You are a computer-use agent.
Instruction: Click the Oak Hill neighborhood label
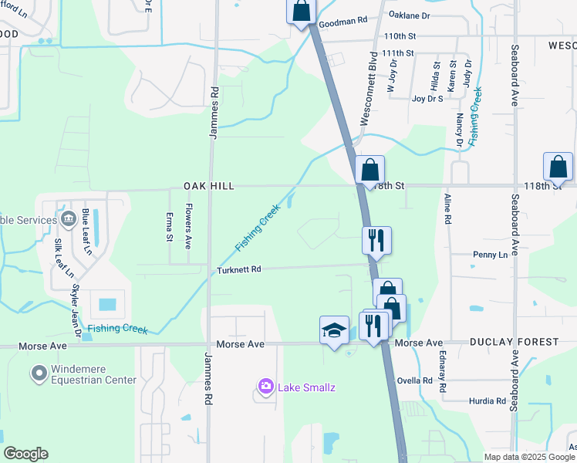pyautogui.click(x=208, y=186)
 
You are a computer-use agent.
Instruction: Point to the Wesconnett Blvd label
pyautogui.click(x=367, y=93)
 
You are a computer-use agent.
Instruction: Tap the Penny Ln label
pyautogui.click(x=490, y=254)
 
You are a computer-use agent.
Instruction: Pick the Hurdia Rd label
pyautogui.click(x=488, y=401)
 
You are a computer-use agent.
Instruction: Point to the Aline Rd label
pyautogui.click(x=447, y=209)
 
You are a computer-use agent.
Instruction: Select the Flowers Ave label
pyautogui.click(x=187, y=226)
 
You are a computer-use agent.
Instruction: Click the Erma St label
pyautogui.click(x=170, y=226)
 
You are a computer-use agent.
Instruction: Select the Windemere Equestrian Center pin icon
pyautogui.click(x=39, y=374)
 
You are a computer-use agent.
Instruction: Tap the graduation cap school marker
pyautogui.click(x=333, y=330)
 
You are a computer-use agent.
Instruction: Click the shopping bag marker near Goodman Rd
pyautogui.click(x=301, y=12)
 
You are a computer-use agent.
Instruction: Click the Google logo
pyautogui.click(x=25, y=454)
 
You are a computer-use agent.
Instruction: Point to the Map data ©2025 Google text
pyautogui.click(x=529, y=457)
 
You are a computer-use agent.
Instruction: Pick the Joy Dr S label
pyautogui.click(x=428, y=99)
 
